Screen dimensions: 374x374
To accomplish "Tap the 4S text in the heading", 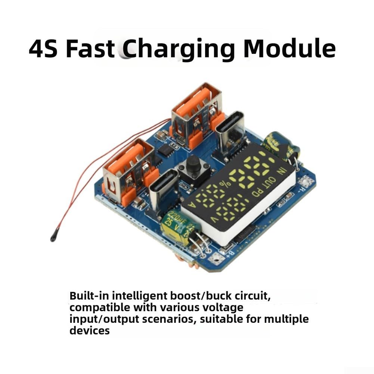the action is click(43, 49).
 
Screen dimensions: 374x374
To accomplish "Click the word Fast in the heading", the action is click(90, 49).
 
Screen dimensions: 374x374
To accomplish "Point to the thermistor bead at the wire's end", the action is click(53, 238).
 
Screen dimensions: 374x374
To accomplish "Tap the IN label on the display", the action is click(281, 171).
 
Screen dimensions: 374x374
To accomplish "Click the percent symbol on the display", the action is click(225, 184).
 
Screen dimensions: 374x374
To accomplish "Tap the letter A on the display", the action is click(192, 205).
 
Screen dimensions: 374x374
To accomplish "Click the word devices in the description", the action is click(90, 331).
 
